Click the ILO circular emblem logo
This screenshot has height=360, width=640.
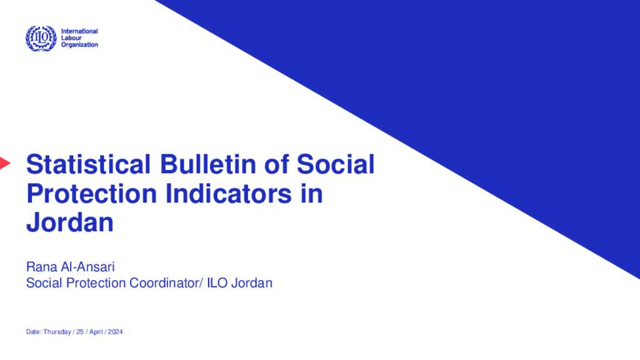pyautogui.click(x=41, y=38)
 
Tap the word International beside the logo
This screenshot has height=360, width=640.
pyautogui.click(x=79, y=31)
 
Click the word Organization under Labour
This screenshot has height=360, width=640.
pyautogui.click(x=79, y=45)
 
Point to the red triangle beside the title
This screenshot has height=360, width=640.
pyautogui.click(x=4, y=164)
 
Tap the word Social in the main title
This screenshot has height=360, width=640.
pyautogui.click(x=336, y=165)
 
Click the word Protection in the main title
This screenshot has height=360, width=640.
pyautogui.click(x=91, y=194)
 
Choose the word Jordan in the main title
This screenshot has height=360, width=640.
pyautogui.click(x=69, y=222)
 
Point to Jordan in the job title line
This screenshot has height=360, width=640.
pyautogui.click(x=252, y=283)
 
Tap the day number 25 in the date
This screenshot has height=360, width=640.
pyautogui.click(x=81, y=332)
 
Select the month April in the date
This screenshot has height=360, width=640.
pyautogui.click(x=95, y=332)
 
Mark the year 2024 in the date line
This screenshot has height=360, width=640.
pyautogui.click(x=116, y=332)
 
